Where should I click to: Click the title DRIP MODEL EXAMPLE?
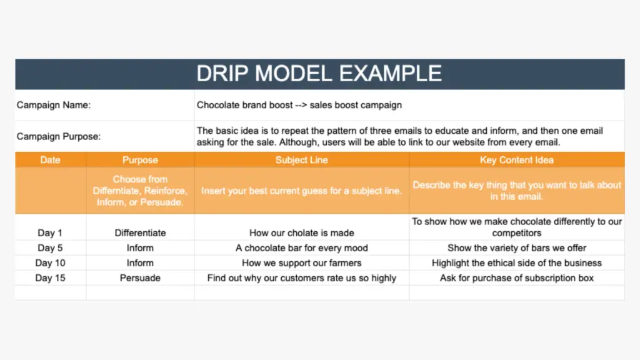[319, 74]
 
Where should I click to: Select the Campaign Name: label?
[54, 105]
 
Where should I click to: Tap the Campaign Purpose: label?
[58, 136]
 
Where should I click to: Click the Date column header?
[50, 160]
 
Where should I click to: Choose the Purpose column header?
[140, 160]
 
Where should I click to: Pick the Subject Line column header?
[302, 160]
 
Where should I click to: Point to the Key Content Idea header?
[517, 160]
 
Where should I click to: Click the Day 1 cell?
[50, 233]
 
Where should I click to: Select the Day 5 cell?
[50, 248]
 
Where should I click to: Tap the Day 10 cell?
[50, 263]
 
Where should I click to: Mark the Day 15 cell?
[50, 278]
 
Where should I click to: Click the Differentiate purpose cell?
[140, 233]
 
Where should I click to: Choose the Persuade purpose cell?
[140, 278]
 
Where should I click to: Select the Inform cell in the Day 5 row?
[140, 248]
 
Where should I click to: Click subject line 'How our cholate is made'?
[302, 233]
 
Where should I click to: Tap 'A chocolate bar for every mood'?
[302, 248]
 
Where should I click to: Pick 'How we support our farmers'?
[302, 263]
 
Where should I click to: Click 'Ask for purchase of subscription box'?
[517, 278]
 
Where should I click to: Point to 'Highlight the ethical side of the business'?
[517, 263]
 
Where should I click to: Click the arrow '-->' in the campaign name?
[301, 105]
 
